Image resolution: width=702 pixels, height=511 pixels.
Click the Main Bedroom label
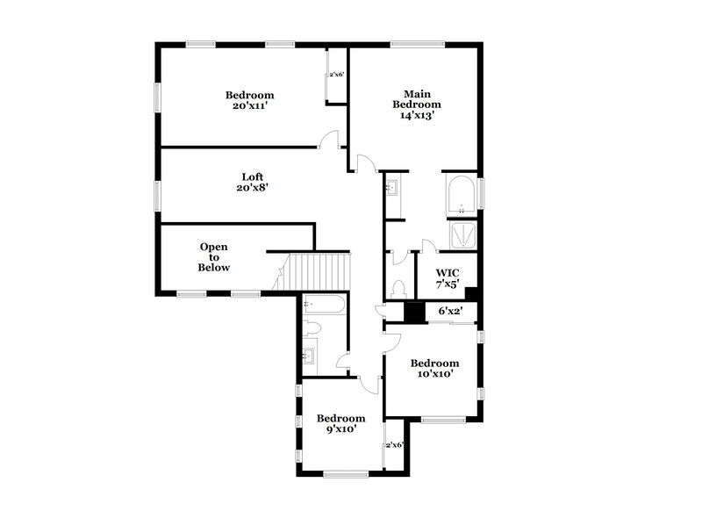tap(415, 98)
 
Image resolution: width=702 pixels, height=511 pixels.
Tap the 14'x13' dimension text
tap(415, 115)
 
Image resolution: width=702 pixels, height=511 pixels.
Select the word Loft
tap(253, 176)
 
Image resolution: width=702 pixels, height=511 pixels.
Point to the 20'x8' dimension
tap(253, 188)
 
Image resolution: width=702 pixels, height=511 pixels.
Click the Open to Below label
tap(214, 256)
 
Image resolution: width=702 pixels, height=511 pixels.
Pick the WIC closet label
tap(448, 272)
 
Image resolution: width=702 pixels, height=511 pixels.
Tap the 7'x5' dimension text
tap(448, 284)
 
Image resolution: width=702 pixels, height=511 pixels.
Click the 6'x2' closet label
tap(449, 310)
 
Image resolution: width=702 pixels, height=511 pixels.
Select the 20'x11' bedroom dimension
tap(249, 106)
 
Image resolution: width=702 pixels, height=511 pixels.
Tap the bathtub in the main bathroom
tap(460, 198)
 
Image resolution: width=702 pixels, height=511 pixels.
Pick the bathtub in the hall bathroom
tap(324, 305)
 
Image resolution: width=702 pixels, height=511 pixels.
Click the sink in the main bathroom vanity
tap(392, 187)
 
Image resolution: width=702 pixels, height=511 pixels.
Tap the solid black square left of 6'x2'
tap(413, 311)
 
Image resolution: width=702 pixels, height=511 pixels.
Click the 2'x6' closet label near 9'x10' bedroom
tap(394, 445)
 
